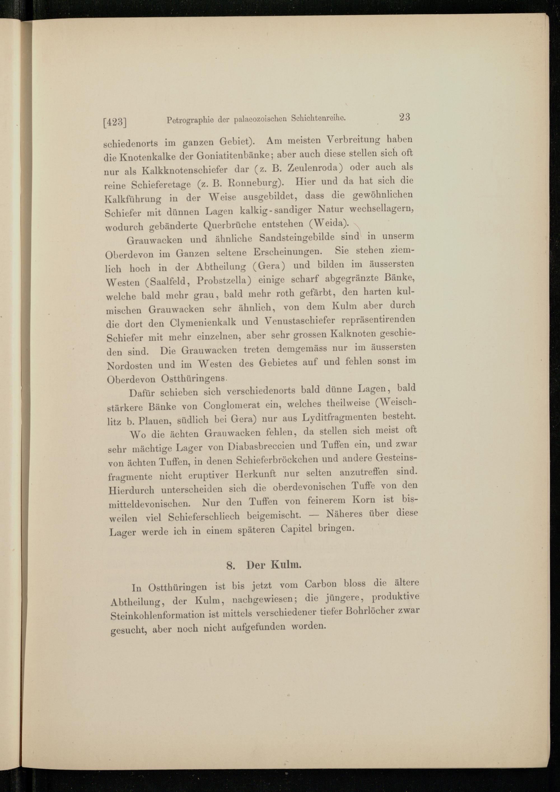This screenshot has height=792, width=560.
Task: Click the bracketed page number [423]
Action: tap(115, 122)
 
